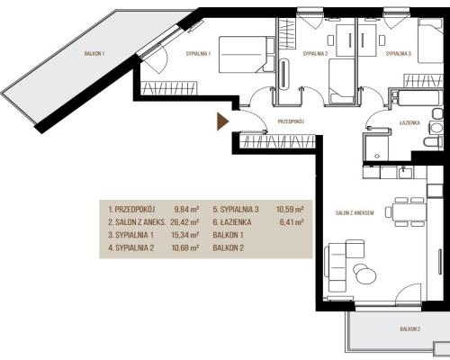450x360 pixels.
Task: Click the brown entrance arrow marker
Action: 222,121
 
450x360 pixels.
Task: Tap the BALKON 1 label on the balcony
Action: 94,54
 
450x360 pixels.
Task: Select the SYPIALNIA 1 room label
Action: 198,54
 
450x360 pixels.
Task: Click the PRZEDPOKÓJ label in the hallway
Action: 292,121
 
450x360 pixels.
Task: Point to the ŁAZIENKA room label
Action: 409,122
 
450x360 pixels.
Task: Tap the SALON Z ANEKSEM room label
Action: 355,213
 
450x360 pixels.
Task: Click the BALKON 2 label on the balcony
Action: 409,329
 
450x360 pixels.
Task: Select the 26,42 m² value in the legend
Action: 184,222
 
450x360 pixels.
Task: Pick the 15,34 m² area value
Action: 184,235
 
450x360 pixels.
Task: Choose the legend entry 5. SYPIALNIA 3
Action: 236,210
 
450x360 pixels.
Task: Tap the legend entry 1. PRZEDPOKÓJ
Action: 133,210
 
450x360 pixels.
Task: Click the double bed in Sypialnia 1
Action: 247,54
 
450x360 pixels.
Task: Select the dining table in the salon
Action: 409,212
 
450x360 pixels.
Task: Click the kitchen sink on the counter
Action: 406,173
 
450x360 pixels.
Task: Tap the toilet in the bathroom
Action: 433,141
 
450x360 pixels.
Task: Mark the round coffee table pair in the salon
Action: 364,273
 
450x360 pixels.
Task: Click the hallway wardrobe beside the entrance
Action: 277,141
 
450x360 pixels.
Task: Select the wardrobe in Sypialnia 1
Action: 169,87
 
